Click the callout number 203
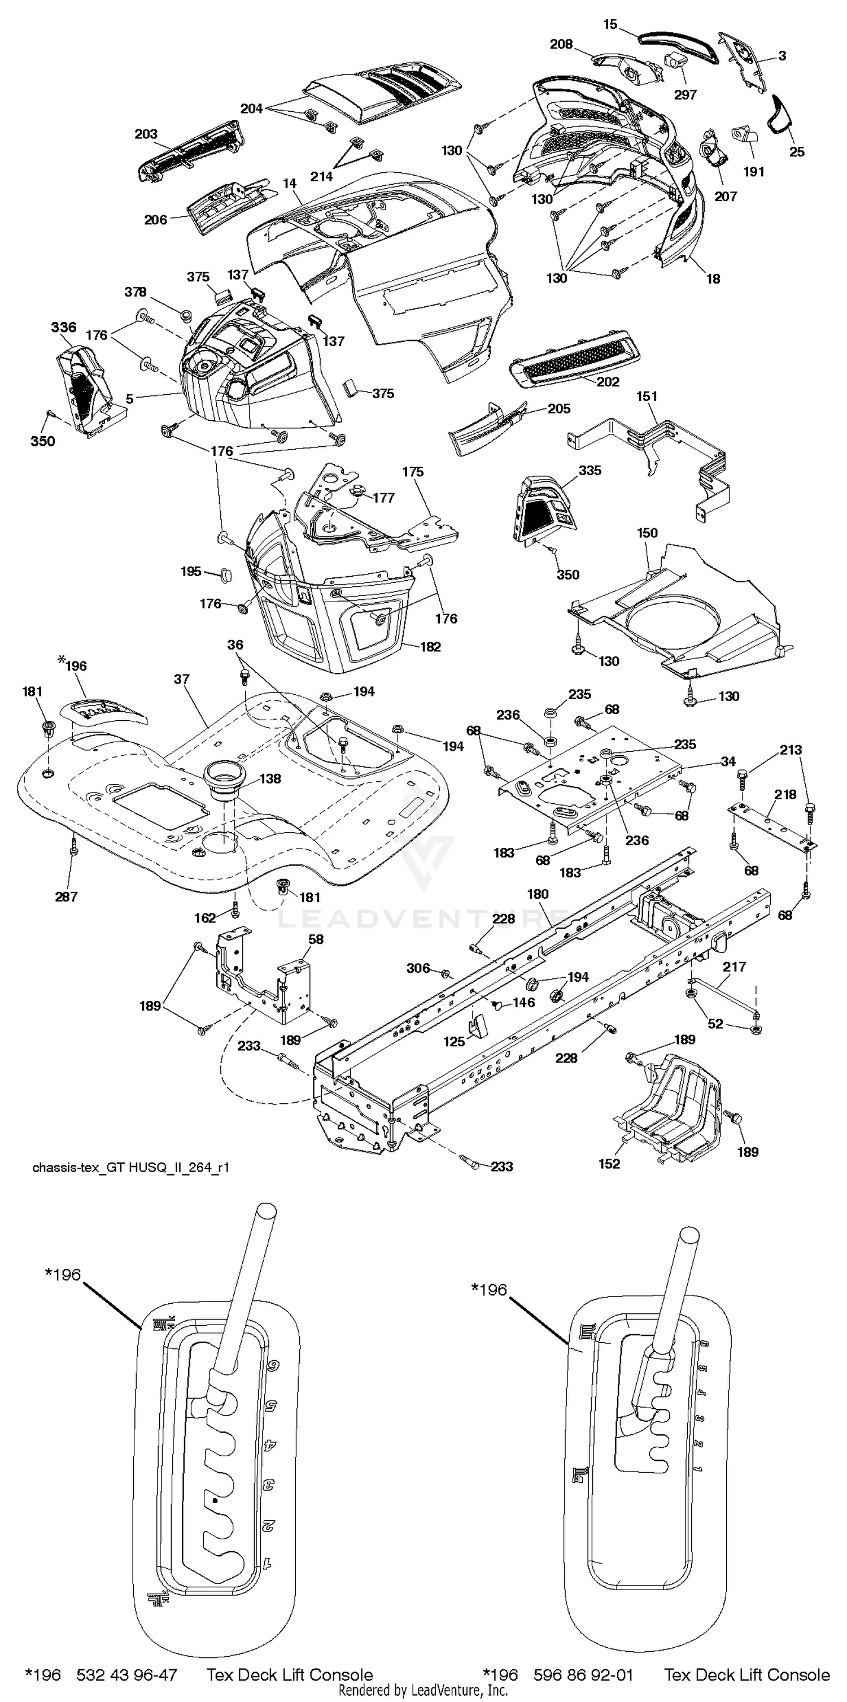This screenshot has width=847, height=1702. tap(146, 134)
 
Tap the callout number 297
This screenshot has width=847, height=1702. tap(685, 94)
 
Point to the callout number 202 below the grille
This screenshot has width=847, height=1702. tap(608, 381)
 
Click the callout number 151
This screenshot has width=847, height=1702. tap(647, 396)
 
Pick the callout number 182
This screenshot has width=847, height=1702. tap(430, 646)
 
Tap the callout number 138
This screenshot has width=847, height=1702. tap(269, 778)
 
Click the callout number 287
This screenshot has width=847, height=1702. tap(66, 896)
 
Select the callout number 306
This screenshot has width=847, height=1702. tap(417, 968)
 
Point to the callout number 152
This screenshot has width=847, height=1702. tap(609, 1164)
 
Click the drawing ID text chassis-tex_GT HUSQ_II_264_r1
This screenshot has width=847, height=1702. tap(131, 1167)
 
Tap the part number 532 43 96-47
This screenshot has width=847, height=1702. tap(127, 1674)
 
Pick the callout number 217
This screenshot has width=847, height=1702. tap(734, 966)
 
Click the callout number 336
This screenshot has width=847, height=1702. tap(63, 327)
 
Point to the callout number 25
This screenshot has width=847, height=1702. tap(797, 151)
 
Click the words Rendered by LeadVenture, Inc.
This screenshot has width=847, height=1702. tap(423, 1690)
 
